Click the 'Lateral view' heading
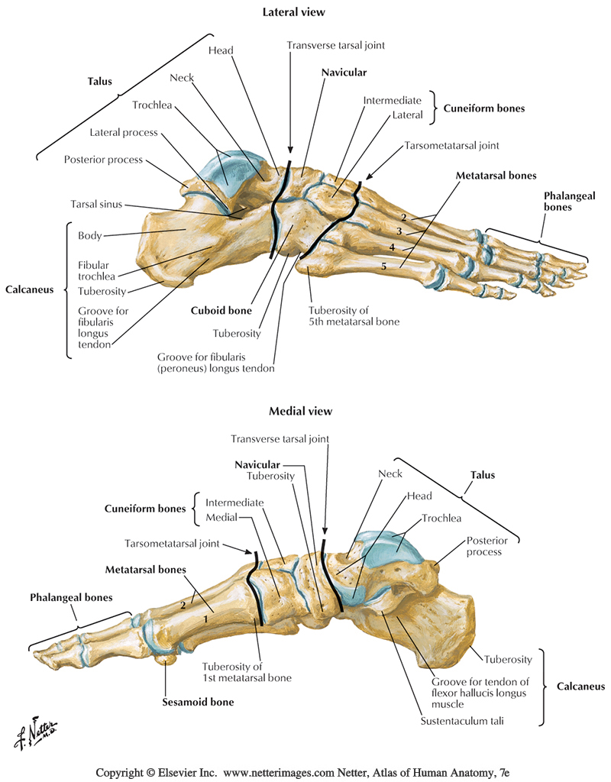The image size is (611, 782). click(294, 13)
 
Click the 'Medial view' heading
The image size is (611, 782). click(300, 412)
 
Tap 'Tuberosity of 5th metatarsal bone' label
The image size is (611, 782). click(354, 316)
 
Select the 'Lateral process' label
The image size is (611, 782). click(123, 132)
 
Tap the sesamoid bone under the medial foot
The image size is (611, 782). click(163, 658)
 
